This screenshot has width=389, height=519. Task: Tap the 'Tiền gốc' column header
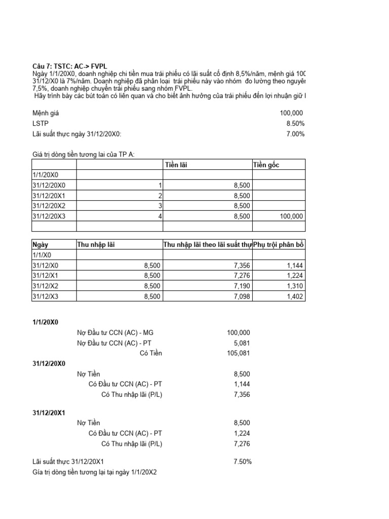266,165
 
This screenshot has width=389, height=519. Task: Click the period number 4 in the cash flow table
160,216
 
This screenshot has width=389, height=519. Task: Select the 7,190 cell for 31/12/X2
242,286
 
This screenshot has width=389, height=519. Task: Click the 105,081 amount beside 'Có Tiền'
238,353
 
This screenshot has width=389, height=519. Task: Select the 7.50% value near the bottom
240,462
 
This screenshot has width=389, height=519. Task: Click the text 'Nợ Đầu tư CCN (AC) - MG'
114,332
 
